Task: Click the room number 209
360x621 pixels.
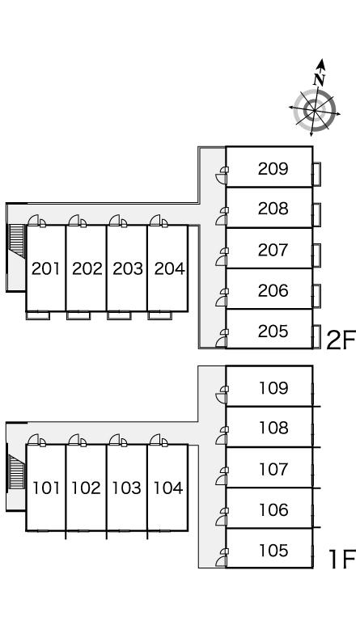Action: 273,169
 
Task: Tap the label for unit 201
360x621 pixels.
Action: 46,269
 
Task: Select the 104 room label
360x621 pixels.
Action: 168,488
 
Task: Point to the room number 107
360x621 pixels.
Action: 273,469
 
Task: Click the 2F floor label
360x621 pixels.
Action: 341,340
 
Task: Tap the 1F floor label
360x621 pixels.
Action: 342,559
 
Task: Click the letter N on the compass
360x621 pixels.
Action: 320,79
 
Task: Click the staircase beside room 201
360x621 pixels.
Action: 16,241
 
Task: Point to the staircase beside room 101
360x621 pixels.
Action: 16,471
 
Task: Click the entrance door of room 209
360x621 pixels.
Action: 222,175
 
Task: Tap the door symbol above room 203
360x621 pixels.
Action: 117,221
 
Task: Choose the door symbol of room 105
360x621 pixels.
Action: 222,558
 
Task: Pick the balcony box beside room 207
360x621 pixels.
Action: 316,256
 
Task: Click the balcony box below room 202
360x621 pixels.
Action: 78,315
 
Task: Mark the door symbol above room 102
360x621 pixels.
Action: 77,440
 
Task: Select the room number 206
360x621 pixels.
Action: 273,291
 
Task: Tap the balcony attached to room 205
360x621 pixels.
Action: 316,336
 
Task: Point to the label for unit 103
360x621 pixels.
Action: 127,488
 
